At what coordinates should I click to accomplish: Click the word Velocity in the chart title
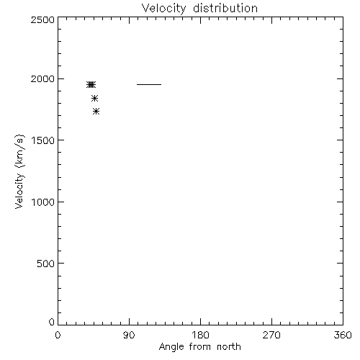(x=163, y=9)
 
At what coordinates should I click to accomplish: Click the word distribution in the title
(x=225, y=8)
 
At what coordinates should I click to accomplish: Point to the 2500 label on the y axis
(x=42, y=20)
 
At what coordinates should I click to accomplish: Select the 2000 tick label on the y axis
(x=42, y=79)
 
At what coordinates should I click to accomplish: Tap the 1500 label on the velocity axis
(x=43, y=140)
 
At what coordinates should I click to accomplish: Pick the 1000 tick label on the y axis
(x=43, y=202)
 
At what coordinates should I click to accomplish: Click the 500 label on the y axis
(x=46, y=264)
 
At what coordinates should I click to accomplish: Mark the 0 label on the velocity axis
(x=52, y=322)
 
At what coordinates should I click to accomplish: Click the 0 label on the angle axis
(x=58, y=335)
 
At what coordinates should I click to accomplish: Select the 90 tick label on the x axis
(x=129, y=335)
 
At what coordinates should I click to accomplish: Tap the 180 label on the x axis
(x=200, y=335)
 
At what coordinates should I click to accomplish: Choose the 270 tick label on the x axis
(x=271, y=335)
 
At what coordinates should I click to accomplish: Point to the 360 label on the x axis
(x=343, y=335)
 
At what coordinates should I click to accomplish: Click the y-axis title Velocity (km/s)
(x=19, y=171)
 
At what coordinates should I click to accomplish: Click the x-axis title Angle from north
(x=200, y=347)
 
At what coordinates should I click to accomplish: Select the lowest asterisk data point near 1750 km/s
(x=96, y=111)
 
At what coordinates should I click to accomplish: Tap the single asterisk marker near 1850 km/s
(x=94, y=98)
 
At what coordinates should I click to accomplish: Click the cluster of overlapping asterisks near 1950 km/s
(x=91, y=84)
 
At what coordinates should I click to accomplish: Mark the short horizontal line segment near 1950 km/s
(x=149, y=84)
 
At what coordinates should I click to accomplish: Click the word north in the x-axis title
(x=229, y=346)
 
